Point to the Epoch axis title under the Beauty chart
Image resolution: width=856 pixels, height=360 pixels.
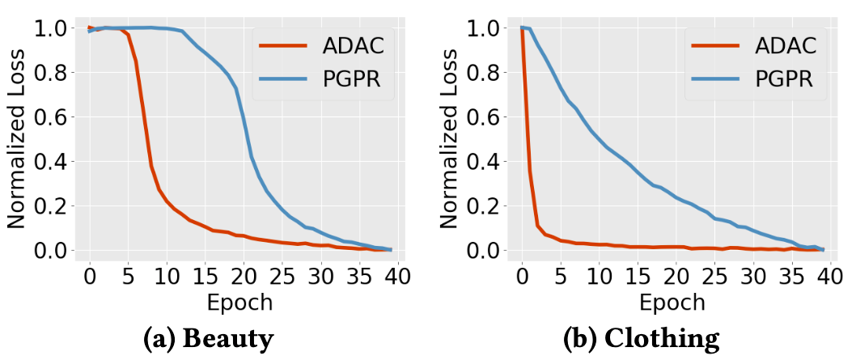(x=239, y=303)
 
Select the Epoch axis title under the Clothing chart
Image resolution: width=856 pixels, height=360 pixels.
(x=672, y=303)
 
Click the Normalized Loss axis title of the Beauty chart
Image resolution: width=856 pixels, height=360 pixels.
(x=19, y=140)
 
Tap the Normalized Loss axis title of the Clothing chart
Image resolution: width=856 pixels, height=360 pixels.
(x=451, y=140)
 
